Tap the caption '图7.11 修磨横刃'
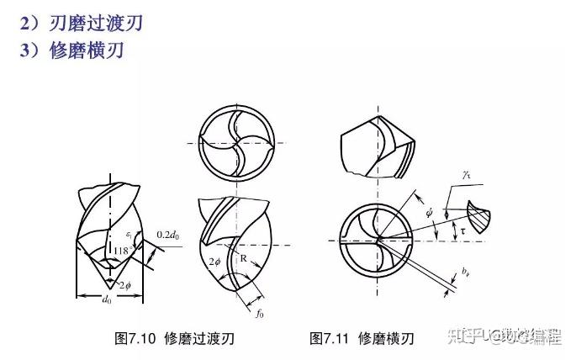(x=362, y=338)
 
